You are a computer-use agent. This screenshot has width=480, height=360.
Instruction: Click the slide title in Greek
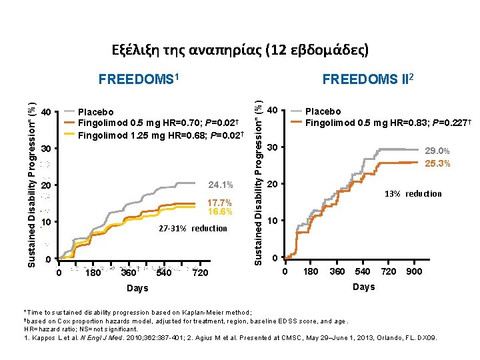[239, 50]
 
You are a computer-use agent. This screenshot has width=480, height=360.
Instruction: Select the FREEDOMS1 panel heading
[140, 80]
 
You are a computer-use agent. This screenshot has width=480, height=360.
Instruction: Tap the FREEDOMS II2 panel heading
[369, 80]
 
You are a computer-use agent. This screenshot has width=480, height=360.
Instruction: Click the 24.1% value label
[220, 185]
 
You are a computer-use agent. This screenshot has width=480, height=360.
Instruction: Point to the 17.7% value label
[220, 203]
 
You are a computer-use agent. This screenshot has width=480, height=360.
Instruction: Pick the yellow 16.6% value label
[220, 212]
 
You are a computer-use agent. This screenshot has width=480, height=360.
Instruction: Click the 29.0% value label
[437, 153]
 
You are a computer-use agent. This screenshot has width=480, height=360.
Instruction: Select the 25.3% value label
[437, 163]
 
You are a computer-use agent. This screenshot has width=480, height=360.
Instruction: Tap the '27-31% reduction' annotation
[192, 229]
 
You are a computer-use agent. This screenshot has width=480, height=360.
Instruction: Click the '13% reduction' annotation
[412, 194]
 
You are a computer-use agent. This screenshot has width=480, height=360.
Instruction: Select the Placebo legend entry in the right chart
[323, 111]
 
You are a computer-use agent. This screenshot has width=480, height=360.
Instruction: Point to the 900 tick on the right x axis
[413, 272]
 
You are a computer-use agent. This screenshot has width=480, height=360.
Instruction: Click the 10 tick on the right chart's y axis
[272, 221]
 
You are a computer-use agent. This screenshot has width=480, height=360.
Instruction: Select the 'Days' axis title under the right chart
[363, 287]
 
